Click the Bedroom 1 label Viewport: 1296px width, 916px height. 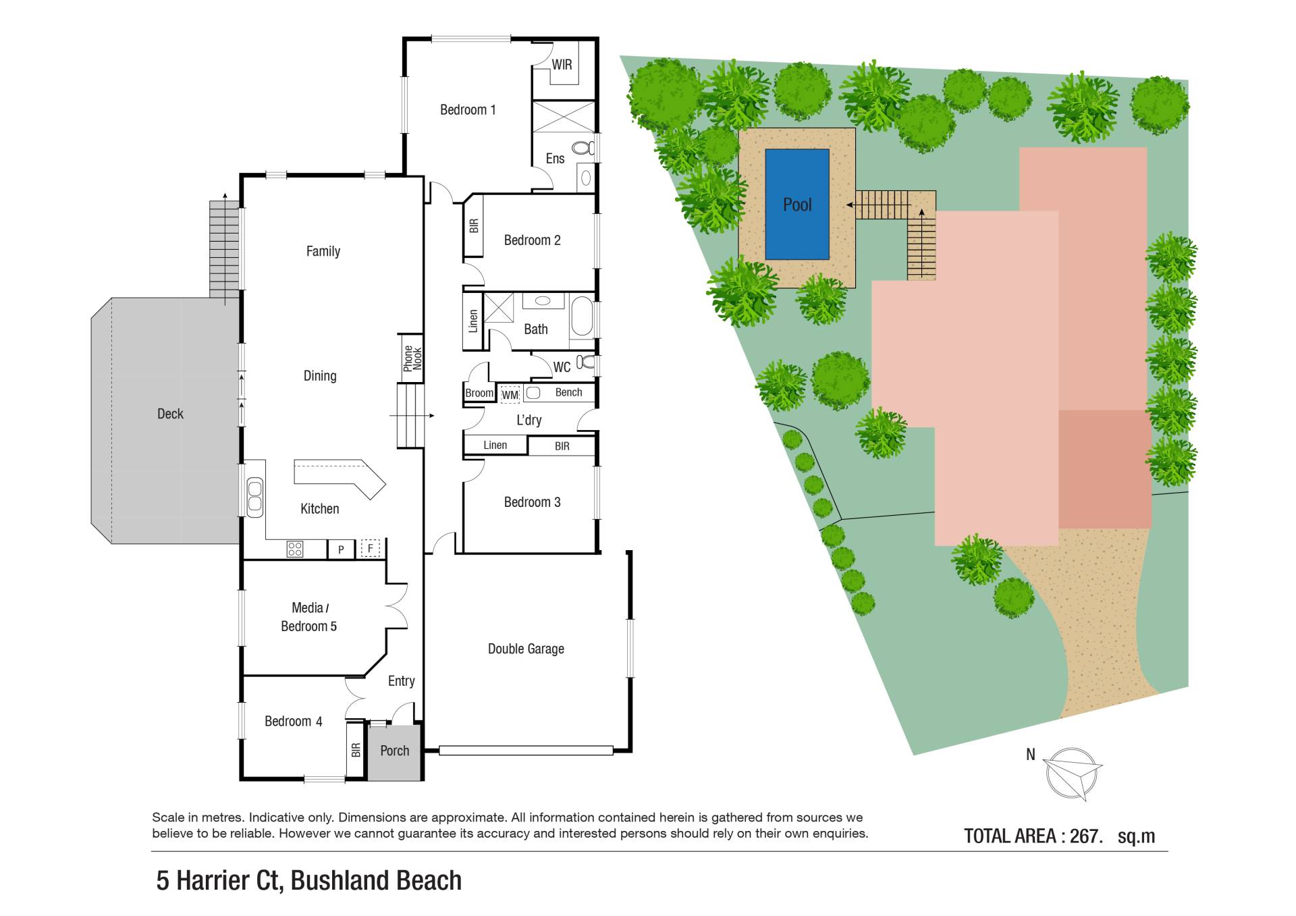click(468, 109)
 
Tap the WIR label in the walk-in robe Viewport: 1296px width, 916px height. click(562, 65)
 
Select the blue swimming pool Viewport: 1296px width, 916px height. click(797, 205)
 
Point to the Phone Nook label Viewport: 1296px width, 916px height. click(412, 358)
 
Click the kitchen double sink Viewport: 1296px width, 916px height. click(254, 497)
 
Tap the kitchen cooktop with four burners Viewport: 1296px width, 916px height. click(295, 548)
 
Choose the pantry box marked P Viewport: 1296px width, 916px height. click(341, 549)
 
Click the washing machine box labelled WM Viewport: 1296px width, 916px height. click(510, 394)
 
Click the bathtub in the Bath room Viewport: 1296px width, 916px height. click(582, 317)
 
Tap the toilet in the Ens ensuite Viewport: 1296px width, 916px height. click(583, 148)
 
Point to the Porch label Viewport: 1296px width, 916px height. click(394, 751)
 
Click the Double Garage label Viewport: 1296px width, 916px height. click(526, 649)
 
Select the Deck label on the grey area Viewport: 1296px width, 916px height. click(170, 414)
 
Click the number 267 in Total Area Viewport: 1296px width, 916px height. click(1083, 836)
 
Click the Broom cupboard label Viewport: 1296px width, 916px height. click(479, 393)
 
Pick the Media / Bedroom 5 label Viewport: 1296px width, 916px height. click(309, 617)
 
